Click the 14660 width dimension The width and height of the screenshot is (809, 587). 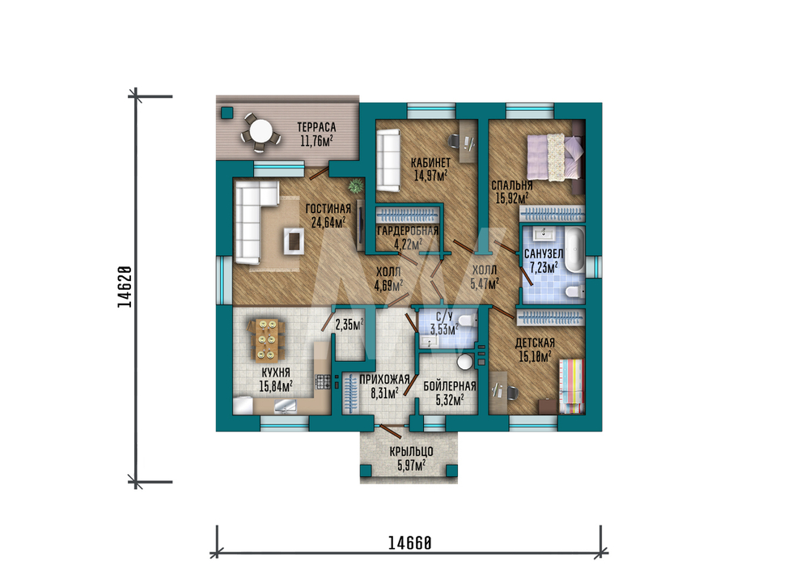click(x=409, y=543)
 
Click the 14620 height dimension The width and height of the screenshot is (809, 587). click(x=125, y=287)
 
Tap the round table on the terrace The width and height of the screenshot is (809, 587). click(x=260, y=131)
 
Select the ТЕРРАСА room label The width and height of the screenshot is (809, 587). click(x=316, y=126)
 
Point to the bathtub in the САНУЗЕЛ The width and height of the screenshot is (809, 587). click(x=574, y=250)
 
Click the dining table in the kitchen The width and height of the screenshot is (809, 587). click(x=266, y=340)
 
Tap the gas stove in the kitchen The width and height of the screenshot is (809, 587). click(x=323, y=381)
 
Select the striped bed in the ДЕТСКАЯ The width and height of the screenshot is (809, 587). click(x=572, y=386)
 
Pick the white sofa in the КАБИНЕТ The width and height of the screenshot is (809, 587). click(x=388, y=160)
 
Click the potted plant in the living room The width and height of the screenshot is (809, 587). click(x=355, y=185)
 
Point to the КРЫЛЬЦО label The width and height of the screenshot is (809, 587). click(x=411, y=452)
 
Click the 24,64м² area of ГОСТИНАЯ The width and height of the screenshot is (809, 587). click(x=328, y=223)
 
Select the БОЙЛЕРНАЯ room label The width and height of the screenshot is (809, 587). click(x=449, y=386)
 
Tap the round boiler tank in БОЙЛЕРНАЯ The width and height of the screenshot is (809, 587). click(x=466, y=361)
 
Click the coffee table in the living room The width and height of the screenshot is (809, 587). click(x=294, y=240)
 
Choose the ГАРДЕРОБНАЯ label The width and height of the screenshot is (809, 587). click(x=408, y=231)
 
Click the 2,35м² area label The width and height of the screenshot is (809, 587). click(x=349, y=325)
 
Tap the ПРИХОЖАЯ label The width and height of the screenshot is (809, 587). click(x=384, y=380)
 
